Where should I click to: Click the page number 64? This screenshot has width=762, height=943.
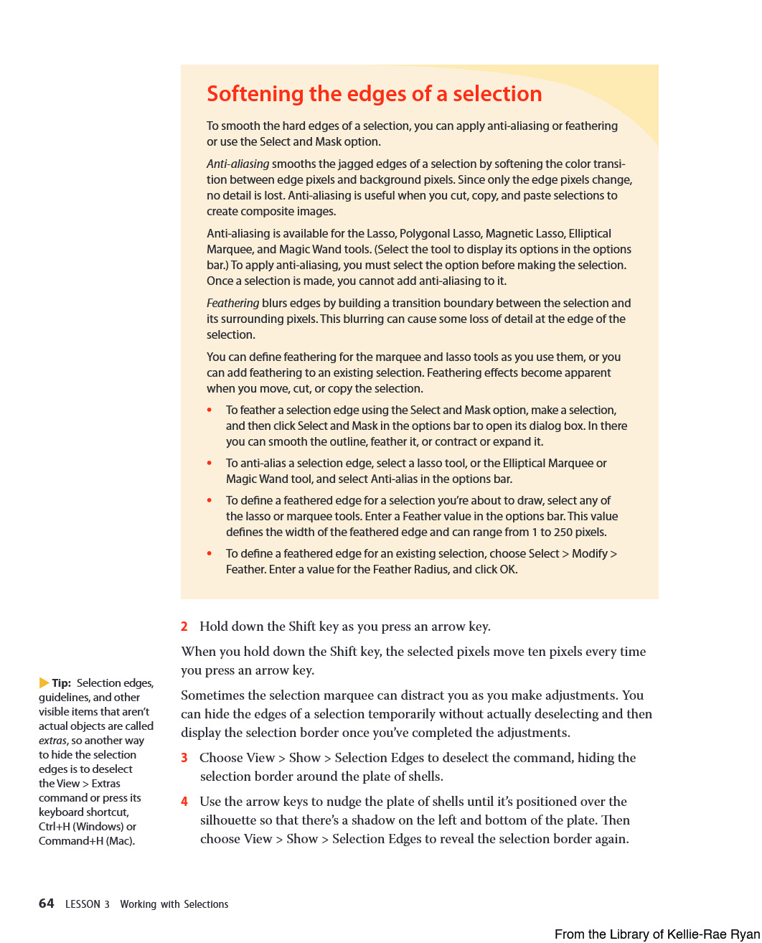[47, 904]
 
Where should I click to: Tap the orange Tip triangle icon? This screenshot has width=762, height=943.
[44, 683]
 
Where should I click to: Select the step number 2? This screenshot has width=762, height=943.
[184, 627]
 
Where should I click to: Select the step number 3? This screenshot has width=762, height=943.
[184, 758]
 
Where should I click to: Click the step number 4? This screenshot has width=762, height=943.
[184, 802]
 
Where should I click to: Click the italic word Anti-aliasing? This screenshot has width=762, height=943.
[237, 164]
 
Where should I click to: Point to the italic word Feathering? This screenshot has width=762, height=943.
[232, 303]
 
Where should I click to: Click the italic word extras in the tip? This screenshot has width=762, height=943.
[52, 741]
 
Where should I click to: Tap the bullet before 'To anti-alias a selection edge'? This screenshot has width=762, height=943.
[210, 464]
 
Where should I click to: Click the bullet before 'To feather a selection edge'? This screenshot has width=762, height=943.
[210, 410]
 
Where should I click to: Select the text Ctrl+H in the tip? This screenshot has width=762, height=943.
[55, 827]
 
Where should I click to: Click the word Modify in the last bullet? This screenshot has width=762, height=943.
[589, 553]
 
